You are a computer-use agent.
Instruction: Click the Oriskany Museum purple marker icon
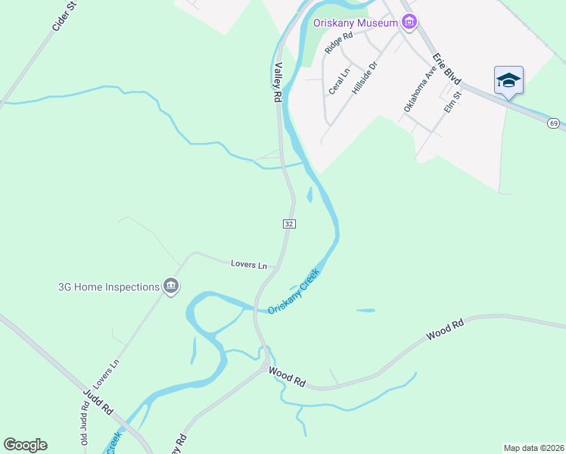[x=409, y=22]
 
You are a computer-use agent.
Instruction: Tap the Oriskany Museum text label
[x=356, y=23]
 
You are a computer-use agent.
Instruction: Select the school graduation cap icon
[x=508, y=81]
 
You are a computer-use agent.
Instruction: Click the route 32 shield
[x=289, y=224]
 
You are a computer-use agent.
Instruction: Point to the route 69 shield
[x=554, y=123]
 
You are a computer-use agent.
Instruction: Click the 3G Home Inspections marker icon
[x=171, y=287]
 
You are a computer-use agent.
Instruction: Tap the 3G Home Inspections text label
[x=109, y=287]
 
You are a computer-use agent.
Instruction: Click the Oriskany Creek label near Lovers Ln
[x=294, y=291]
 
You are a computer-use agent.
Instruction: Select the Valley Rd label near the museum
[x=278, y=82]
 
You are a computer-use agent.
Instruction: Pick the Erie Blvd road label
[x=446, y=68]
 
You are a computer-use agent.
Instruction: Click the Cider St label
[x=64, y=17]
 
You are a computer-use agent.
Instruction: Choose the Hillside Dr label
[x=364, y=78]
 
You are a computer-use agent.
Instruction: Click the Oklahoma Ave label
[x=420, y=88]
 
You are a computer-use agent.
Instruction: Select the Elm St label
[x=452, y=101]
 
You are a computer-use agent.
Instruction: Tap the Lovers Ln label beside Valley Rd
[x=249, y=264]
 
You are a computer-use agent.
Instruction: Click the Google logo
[x=25, y=445]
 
